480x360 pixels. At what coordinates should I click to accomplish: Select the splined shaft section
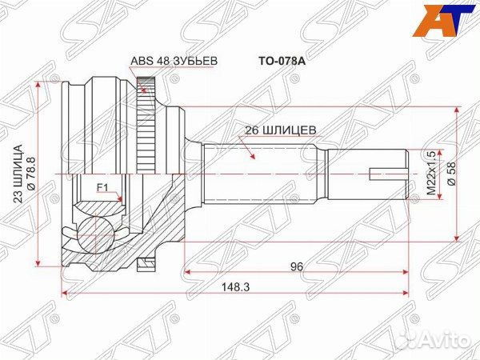[x=264, y=172]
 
